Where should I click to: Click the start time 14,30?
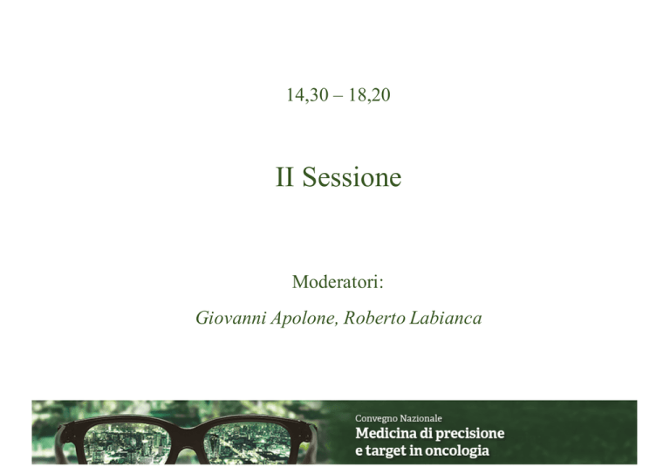point(307,95)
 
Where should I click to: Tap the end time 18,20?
point(369,95)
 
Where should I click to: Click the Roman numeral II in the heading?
point(284,177)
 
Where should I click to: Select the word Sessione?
point(352,177)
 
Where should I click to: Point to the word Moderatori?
point(336,282)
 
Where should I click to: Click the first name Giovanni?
point(230,318)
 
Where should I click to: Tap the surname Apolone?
point(303,319)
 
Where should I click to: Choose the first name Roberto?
point(374,318)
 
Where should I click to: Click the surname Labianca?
point(446,318)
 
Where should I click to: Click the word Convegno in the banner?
point(376,418)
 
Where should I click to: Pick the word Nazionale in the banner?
point(420,418)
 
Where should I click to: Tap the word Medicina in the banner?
point(386,433)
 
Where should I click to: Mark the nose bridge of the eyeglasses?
point(188,429)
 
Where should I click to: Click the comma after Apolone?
point(337,324)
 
